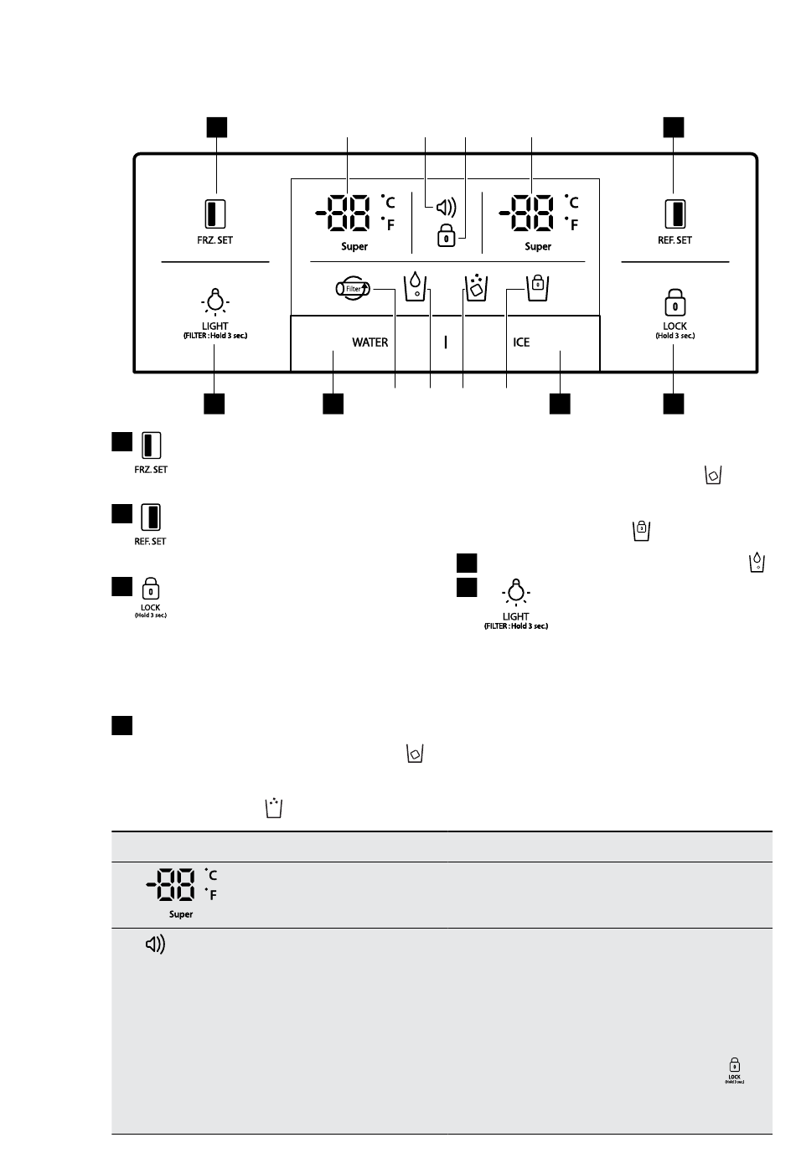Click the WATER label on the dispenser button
(x=370, y=342)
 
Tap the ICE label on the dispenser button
(x=521, y=342)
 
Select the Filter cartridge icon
(x=353, y=288)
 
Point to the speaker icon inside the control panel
(x=447, y=208)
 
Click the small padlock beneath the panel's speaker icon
(x=447, y=235)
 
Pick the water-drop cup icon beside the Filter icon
(x=415, y=286)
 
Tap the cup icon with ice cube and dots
(x=477, y=287)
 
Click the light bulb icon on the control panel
(x=215, y=302)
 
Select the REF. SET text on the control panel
(x=675, y=240)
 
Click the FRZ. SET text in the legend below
(x=151, y=470)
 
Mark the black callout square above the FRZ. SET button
(x=217, y=127)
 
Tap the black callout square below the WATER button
(x=333, y=404)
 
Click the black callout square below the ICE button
(x=560, y=404)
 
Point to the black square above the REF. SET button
(x=674, y=127)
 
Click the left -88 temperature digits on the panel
(x=343, y=213)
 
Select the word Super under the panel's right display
(x=538, y=247)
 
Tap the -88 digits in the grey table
(x=171, y=884)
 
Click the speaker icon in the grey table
(x=155, y=944)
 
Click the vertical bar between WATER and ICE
(x=445, y=342)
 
